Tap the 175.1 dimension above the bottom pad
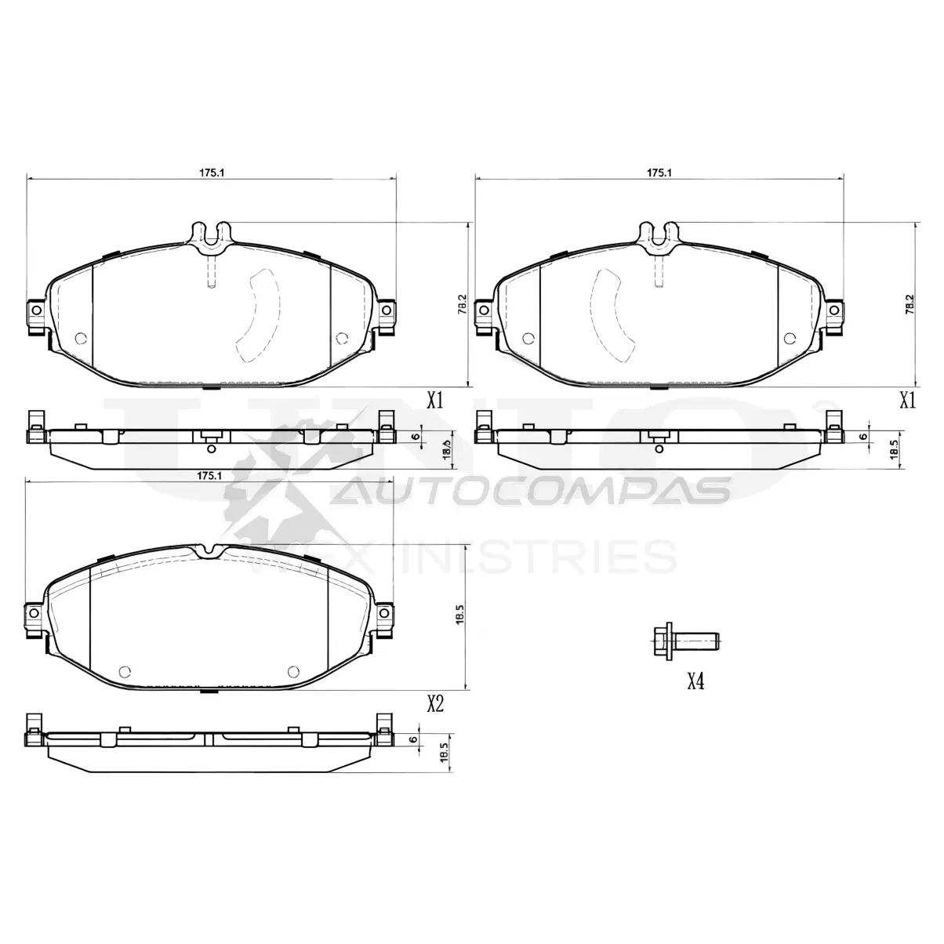(x=207, y=476)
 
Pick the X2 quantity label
(x=435, y=703)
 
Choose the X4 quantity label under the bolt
(x=695, y=681)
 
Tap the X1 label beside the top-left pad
(x=435, y=401)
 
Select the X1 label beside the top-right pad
(x=907, y=401)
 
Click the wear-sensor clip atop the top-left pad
(x=211, y=236)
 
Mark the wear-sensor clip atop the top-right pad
(x=658, y=236)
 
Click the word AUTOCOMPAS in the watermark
(x=533, y=491)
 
